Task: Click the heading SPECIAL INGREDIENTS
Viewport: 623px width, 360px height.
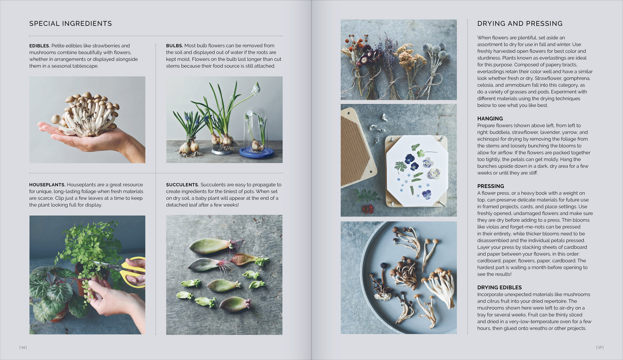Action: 70,24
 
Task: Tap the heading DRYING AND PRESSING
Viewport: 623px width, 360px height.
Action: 520,24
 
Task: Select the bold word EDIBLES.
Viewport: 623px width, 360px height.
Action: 40,46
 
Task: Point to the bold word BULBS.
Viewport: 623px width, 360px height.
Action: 174,46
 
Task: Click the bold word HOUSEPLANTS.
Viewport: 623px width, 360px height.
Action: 47,185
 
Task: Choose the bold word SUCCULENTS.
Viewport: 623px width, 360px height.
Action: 182,185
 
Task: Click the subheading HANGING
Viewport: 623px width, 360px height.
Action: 490,119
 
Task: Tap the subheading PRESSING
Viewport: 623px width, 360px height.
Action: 490,186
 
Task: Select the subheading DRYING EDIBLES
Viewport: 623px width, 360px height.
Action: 499,287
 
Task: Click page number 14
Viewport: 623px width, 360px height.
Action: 23,347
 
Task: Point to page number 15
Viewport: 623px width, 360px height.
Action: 599,347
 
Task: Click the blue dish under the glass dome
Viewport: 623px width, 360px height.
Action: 256,153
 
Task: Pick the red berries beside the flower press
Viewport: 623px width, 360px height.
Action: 368,208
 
